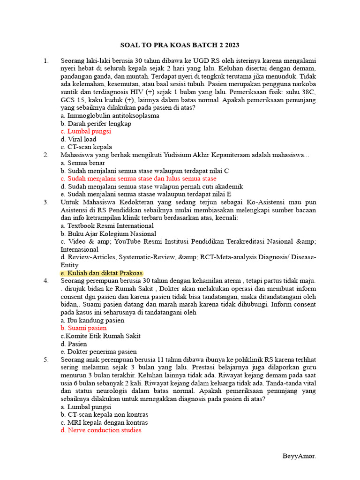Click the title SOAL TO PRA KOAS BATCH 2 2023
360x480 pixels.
click(180, 45)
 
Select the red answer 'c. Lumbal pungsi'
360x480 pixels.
click(86, 132)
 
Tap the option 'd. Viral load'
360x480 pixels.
click(78, 139)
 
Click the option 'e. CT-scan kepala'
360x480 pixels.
click(86, 147)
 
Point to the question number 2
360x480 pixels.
click(46, 155)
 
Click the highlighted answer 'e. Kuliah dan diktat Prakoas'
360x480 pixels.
click(102, 273)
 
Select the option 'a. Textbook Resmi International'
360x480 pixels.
click(107, 226)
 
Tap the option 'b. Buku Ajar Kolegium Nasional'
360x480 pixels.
click(108, 233)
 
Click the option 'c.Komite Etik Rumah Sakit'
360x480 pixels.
click(101, 336)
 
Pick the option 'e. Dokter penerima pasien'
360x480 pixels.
click(98, 352)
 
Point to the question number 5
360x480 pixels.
click(46, 360)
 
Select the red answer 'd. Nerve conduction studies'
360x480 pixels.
click(101, 430)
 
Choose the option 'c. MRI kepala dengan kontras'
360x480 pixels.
click(101, 422)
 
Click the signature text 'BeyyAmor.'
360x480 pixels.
click(299, 456)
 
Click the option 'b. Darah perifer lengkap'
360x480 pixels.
click(96, 124)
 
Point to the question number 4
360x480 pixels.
click(46, 281)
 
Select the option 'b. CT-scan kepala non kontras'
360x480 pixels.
click(105, 415)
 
